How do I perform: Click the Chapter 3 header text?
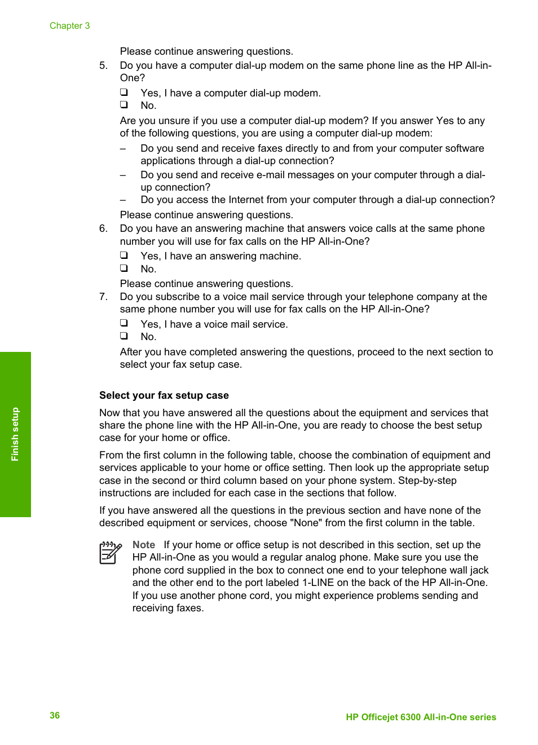69,26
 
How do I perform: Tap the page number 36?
55,715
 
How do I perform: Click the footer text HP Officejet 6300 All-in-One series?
421,717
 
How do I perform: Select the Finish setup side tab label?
15,434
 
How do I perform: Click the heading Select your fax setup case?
164,395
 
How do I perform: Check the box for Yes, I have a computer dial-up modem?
124,92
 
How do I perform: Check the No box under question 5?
124,104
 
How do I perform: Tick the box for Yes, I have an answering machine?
124,255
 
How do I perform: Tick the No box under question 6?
124,268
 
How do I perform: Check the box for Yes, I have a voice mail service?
124,323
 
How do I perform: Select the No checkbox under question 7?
124,336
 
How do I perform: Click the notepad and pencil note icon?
111,553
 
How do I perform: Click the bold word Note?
144,545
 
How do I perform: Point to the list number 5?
103,65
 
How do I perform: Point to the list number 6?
103,228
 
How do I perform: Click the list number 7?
103,297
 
